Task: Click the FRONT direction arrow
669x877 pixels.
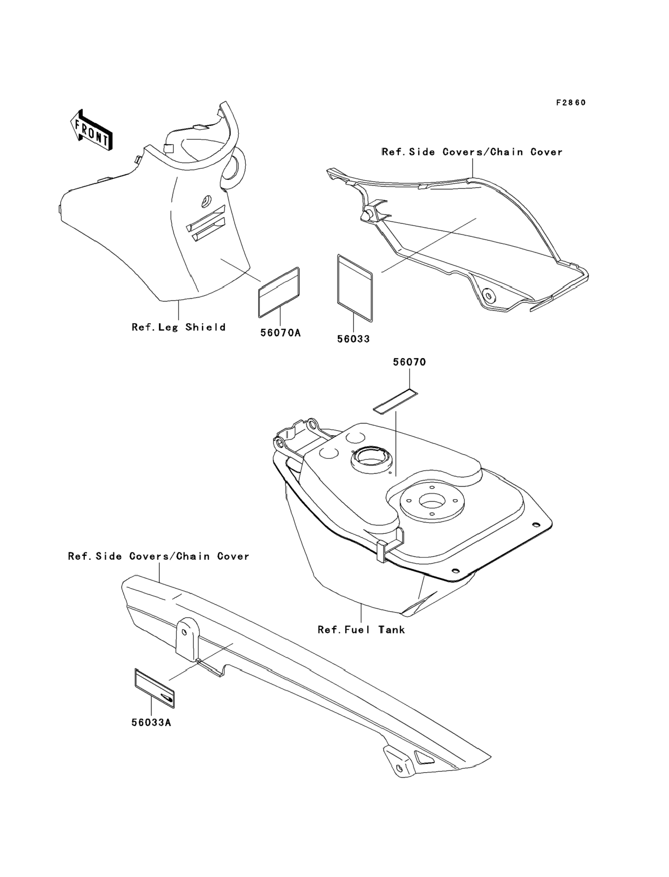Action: point(91,130)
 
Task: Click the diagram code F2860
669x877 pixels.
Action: point(571,103)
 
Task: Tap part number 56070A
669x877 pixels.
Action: point(280,332)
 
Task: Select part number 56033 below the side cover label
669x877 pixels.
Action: point(353,339)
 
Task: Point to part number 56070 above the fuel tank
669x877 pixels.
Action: point(409,362)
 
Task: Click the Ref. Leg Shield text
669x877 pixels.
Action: point(179,327)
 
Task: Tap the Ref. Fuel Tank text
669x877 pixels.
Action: point(361,630)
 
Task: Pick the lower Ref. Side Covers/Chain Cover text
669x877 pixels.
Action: point(158,556)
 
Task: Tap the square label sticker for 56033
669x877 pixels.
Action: point(355,287)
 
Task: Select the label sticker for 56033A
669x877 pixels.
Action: point(155,688)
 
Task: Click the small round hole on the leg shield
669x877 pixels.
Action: point(206,201)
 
